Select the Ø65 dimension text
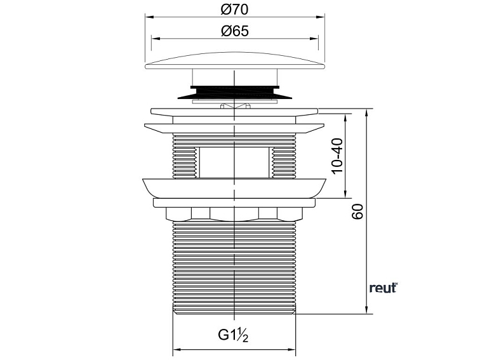[x=234, y=31]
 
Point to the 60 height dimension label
[x=357, y=211]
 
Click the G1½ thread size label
[x=233, y=335]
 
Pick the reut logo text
[x=383, y=288]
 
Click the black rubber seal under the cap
[x=234, y=93]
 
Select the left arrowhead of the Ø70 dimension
[x=149, y=17]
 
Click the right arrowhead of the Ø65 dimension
[x=314, y=39]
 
